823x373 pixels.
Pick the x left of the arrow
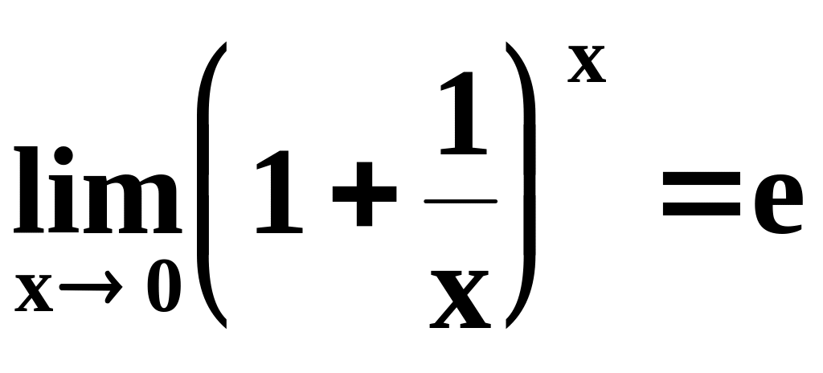tap(34, 296)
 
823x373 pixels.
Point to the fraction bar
tap(461, 201)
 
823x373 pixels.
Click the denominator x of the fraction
tap(461, 298)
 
